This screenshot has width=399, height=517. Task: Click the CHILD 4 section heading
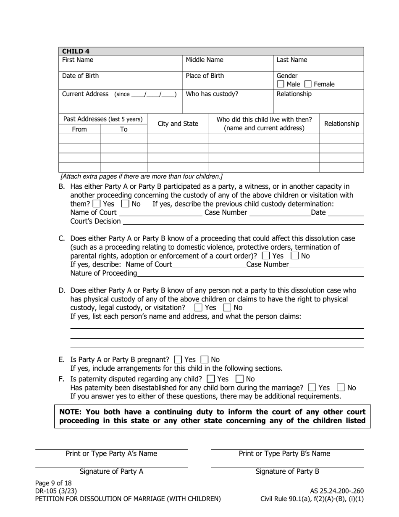(76, 51)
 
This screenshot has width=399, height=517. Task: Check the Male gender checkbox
(281, 84)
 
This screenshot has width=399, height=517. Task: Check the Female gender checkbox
(308, 84)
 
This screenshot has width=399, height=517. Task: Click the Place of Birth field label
(205, 76)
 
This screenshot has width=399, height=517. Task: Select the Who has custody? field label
(212, 94)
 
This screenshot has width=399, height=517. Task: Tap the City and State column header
(178, 124)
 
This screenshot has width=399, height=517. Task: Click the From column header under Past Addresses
(79, 129)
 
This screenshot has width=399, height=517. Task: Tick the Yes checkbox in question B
(97, 204)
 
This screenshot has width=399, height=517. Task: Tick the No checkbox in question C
(295, 256)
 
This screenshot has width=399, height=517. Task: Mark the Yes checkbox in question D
(198, 308)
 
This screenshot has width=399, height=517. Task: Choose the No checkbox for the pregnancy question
(205, 360)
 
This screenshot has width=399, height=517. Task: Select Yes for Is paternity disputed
(211, 379)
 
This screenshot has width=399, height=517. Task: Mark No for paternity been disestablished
(341, 388)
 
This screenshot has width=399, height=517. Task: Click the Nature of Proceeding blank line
(250, 274)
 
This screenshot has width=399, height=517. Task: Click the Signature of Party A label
(111, 472)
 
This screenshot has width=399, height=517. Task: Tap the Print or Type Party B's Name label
(284, 454)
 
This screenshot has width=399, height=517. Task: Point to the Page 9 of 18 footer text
(53, 483)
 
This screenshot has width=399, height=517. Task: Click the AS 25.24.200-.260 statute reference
(336, 491)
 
